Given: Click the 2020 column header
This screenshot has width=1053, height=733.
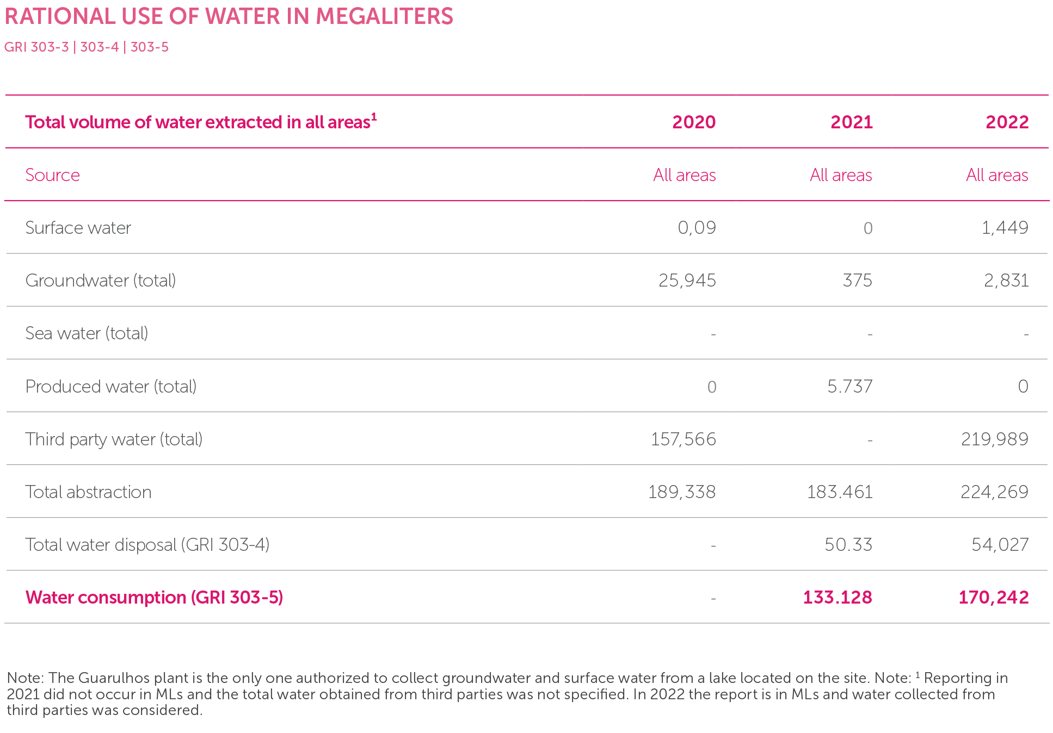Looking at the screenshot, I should (x=693, y=122).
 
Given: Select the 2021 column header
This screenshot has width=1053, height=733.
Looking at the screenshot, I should (x=851, y=122).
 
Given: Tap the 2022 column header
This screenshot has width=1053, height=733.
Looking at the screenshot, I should (x=1007, y=122).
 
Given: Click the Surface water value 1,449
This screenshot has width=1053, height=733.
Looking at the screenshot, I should (x=1005, y=227).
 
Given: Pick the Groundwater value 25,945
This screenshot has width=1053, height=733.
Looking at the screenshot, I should (x=687, y=280).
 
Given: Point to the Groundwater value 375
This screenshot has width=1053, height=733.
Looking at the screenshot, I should (x=857, y=280).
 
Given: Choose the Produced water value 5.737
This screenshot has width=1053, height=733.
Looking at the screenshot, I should (x=849, y=386).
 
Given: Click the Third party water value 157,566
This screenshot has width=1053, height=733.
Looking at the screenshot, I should (x=683, y=439).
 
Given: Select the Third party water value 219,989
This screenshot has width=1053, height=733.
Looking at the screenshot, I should (x=994, y=439).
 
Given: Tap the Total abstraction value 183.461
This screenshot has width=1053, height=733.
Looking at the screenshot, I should (x=840, y=492).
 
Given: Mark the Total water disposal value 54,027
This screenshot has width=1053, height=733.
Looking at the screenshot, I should (x=1000, y=544).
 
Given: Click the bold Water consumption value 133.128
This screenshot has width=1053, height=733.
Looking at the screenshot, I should (x=837, y=597).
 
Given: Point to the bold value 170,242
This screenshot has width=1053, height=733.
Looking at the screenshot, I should (x=993, y=597).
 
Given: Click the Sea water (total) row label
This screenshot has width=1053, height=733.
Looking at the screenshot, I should (x=87, y=333).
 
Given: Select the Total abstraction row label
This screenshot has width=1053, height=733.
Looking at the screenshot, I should (x=88, y=492).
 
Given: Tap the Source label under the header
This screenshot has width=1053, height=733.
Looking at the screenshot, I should (x=52, y=175).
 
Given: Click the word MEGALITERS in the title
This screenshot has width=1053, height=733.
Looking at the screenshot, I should (x=384, y=16).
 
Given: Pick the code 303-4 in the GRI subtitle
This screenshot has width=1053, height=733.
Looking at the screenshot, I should (x=99, y=47).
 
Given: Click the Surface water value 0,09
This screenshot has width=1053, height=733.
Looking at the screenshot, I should (x=697, y=227).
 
